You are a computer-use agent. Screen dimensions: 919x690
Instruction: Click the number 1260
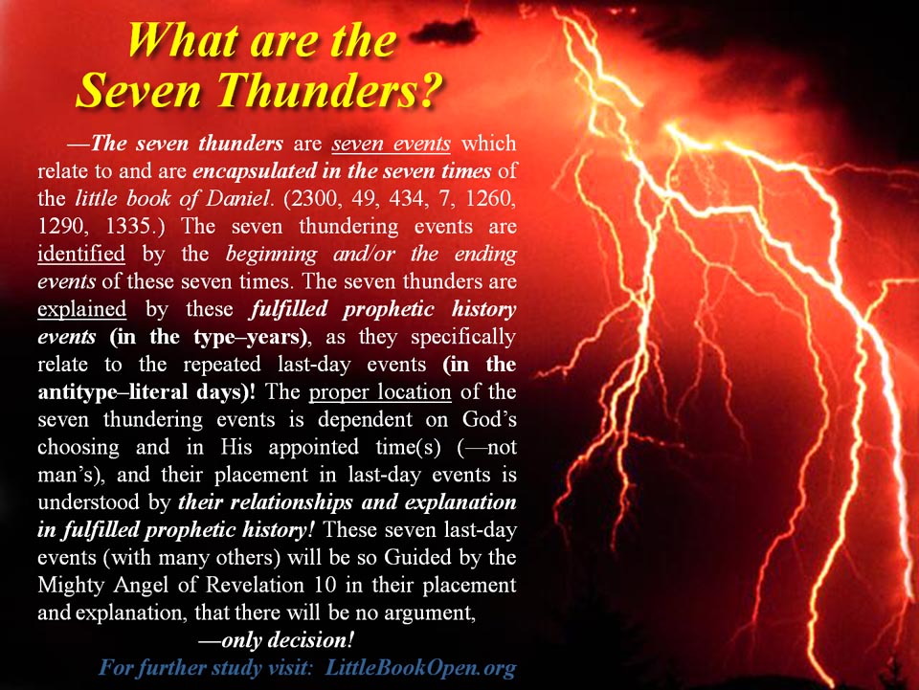[x=490, y=198]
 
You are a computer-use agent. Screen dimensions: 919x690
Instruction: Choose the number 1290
[x=61, y=226]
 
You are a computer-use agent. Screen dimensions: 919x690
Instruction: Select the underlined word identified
[x=80, y=254]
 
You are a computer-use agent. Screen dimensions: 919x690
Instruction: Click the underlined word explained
[x=81, y=309]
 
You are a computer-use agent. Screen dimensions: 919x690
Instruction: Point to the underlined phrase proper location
[x=380, y=391]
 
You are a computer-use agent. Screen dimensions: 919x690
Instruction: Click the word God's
[x=489, y=419]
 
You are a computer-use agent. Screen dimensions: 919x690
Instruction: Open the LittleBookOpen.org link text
[x=419, y=668]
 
